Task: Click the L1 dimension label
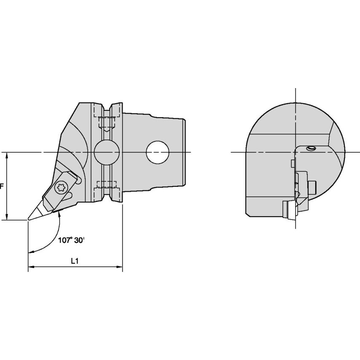75,261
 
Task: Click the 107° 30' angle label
71,240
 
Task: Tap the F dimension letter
2,186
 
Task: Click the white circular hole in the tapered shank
158,152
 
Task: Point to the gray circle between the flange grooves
107,152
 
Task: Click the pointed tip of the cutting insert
29,219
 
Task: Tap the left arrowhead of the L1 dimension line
31,267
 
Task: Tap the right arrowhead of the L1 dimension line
120,267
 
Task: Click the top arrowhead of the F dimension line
7,156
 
